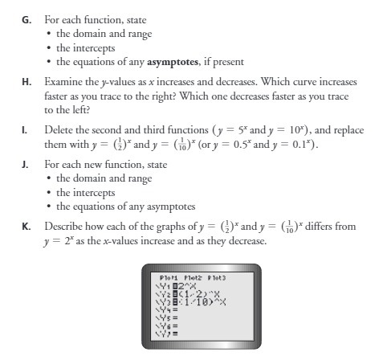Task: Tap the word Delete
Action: (59, 129)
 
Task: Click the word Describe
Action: (63, 227)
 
